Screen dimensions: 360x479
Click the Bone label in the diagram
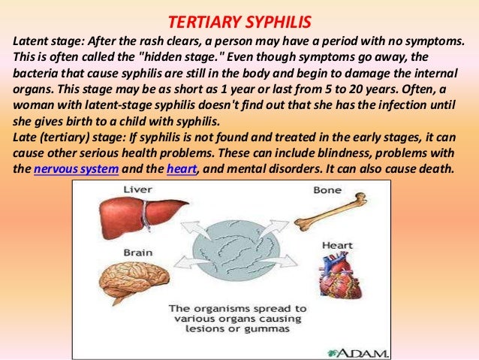(x=329, y=190)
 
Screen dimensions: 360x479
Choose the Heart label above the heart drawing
(x=337, y=244)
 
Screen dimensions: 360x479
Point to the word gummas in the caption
(x=279, y=332)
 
